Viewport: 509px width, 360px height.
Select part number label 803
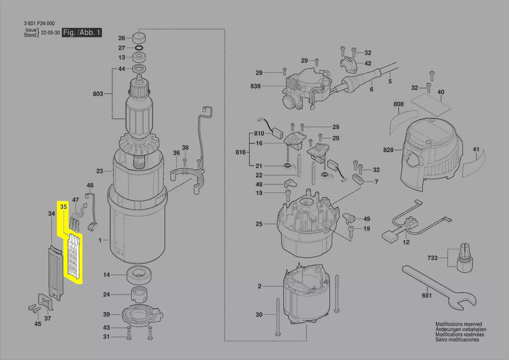[x=98, y=93]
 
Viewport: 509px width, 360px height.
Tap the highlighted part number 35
[x=64, y=207]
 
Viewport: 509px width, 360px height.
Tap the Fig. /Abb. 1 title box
[x=82, y=33]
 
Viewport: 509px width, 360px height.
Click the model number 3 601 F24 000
[x=39, y=24]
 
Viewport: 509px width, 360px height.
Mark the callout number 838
[x=256, y=86]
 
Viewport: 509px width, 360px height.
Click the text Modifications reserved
[x=458, y=324]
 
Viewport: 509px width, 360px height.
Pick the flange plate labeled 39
[x=142, y=314]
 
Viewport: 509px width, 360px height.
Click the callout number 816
[x=240, y=153]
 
